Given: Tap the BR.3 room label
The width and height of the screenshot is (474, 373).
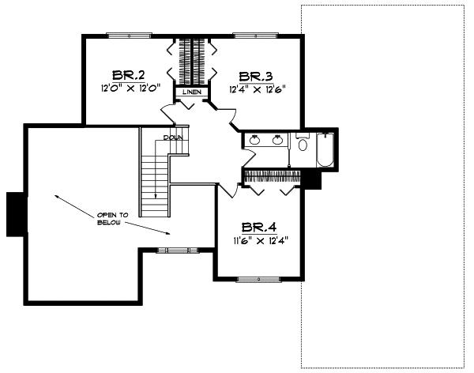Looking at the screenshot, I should tap(255, 76).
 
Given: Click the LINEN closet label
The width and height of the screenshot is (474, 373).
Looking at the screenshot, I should tap(191, 92).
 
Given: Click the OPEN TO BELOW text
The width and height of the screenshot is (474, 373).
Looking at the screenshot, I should tap(111, 218).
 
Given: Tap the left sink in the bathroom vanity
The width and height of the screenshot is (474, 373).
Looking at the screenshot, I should tap(254, 141).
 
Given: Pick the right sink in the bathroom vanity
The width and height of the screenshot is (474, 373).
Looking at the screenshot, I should tap(277, 141).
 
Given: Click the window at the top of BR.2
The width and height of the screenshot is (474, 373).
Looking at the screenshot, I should tap(129, 34).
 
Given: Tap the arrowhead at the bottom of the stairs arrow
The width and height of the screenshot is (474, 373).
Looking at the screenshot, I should tap(156, 195).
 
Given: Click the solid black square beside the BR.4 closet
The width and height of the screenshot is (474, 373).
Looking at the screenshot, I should tap(313, 181).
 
